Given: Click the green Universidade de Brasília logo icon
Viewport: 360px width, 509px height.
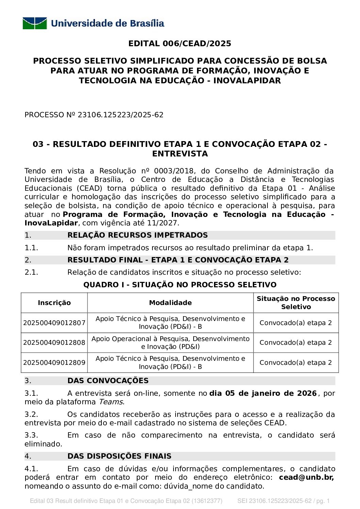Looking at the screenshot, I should (x=35, y=23).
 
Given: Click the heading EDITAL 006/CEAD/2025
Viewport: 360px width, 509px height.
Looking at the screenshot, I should (x=180, y=44).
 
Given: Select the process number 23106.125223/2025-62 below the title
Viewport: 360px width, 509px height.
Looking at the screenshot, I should (x=120, y=115).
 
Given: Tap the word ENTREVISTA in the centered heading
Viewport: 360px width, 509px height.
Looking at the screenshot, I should (x=180, y=154).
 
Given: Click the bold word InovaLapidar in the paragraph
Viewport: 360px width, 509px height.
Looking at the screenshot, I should (x=51, y=223).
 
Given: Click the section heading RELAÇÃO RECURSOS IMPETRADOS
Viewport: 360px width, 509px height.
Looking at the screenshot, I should (x=137, y=235).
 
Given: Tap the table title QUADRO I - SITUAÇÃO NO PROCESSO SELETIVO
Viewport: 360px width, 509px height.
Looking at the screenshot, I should (x=180, y=285).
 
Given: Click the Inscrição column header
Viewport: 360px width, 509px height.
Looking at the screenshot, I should (x=54, y=303).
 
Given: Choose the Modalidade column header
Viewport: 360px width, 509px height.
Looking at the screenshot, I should (x=170, y=303).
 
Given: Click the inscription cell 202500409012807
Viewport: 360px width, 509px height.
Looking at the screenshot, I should (x=54, y=323).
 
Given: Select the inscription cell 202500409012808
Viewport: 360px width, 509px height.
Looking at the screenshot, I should (x=54, y=343).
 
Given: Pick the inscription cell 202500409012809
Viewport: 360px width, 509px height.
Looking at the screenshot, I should (x=54, y=363).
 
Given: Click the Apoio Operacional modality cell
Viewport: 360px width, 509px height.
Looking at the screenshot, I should (x=170, y=343).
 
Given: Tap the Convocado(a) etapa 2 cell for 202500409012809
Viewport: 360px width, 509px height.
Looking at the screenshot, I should (x=296, y=363).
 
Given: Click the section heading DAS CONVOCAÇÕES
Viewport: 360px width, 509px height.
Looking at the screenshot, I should (x=108, y=381).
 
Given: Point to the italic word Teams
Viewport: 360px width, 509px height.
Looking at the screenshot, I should (x=111, y=402).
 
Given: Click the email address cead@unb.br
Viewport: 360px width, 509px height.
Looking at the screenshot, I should (x=306, y=477).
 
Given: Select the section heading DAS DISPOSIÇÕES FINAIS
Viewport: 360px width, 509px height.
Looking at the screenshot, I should (x=119, y=456).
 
